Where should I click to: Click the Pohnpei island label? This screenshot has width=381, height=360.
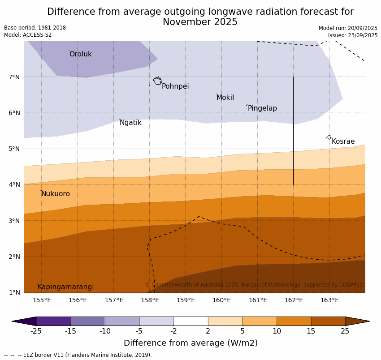(175, 86)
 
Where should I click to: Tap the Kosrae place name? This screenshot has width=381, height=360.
(343, 141)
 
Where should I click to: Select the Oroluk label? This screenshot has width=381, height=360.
(81, 54)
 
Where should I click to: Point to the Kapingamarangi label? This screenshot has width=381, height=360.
(66, 287)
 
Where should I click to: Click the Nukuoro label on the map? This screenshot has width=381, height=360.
(56, 194)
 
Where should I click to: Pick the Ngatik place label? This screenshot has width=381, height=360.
(130, 123)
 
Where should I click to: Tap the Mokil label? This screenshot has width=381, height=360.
(225, 98)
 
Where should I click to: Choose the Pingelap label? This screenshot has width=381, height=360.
(262, 108)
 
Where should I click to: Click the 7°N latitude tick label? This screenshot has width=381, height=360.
(14, 77)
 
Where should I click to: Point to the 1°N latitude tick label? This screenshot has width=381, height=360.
(14, 292)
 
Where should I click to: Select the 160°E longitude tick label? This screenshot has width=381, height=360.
(221, 300)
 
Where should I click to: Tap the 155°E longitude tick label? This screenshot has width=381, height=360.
(42, 300)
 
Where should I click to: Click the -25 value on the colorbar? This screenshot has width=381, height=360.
(36, 331)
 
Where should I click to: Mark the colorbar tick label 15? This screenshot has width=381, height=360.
(311, 331)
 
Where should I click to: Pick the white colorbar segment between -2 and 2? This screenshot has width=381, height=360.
(190, 321)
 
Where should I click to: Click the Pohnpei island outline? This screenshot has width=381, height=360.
(157, 81)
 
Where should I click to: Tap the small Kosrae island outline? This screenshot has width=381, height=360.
(329, 137)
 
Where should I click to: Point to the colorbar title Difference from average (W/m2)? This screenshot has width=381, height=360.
(190, 343)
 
